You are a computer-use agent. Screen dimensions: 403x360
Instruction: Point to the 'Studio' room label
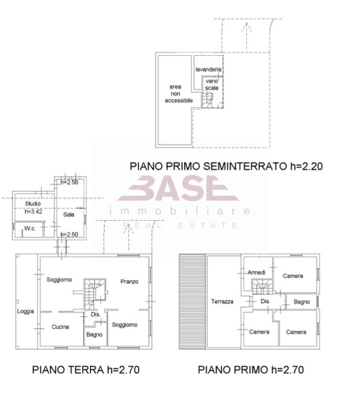point(33,203)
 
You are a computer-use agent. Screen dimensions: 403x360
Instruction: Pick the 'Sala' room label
point(68,215)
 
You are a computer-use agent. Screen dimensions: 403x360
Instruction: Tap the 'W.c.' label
point(30,228)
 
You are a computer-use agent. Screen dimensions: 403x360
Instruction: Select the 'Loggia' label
point(26,312)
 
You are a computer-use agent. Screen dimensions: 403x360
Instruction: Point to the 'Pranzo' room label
point(129,281)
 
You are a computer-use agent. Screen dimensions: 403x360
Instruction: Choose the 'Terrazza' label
point(223,302)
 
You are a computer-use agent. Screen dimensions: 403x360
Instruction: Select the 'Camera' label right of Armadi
point(293,276)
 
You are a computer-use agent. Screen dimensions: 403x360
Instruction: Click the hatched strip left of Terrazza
point(193,300)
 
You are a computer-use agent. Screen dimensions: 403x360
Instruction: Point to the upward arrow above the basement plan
point(245,28)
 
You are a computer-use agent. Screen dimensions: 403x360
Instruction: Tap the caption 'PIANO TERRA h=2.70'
point(86,369)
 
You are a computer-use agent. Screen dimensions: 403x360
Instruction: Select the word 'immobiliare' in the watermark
point(180,210)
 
